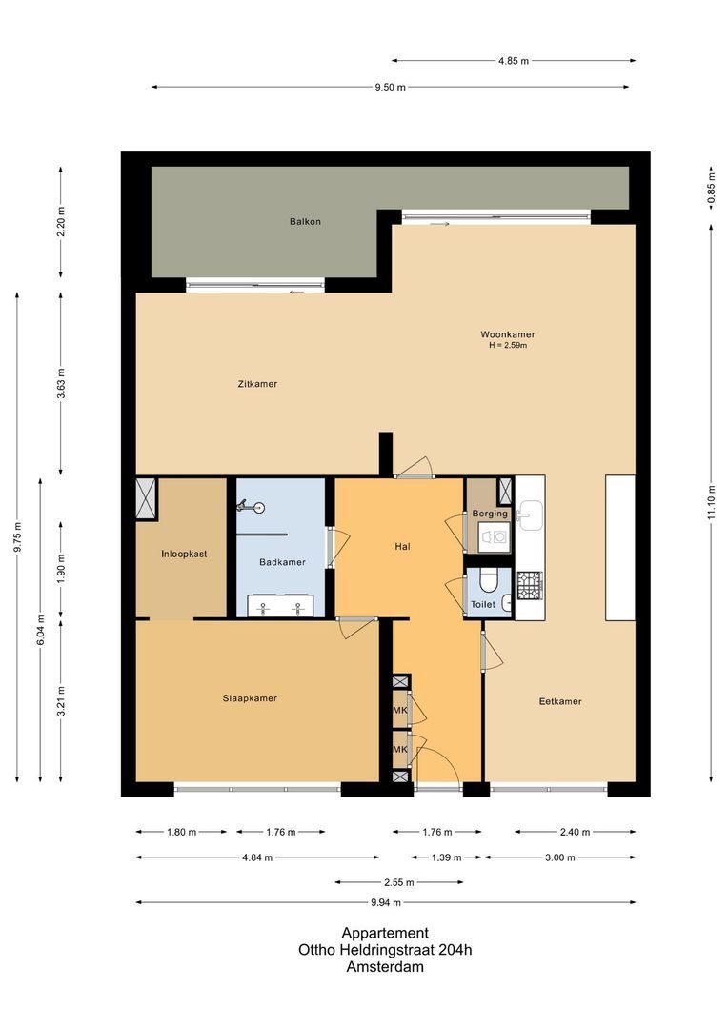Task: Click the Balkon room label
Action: (x=305, y=221)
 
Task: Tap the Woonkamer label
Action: (x=507, y=334)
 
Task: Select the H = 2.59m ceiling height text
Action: (x=507, y=346)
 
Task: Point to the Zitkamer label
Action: (x=257, y=384)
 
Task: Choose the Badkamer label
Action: (x=282, y=562)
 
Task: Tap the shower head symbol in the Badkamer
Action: (x=255, y=509)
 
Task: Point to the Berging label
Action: (x=490, y=514)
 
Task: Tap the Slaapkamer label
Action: (x=250, y=698)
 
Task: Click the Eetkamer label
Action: (x=560, y=701)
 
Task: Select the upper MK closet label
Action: (x=400, y=710)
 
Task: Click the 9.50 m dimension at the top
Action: (x=390, y=88)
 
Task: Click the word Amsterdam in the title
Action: (x=385, y=966)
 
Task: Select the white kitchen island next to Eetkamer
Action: (x=620, y=548)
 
